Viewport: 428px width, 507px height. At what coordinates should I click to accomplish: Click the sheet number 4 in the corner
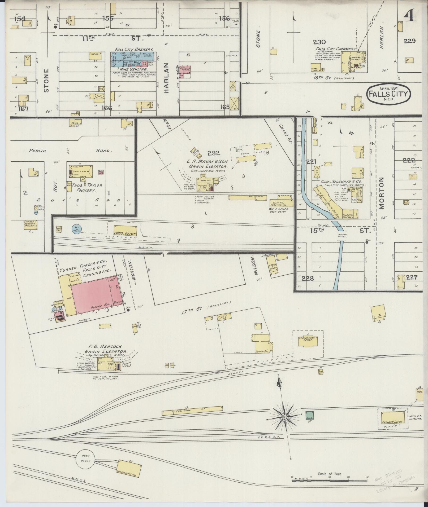pos(410,17)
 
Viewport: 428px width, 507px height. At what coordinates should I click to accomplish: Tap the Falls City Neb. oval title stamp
pos(389,94)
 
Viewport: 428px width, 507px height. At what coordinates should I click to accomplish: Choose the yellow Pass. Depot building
pos(125,231)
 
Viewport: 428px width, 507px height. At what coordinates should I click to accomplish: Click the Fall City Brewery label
pos(134,50)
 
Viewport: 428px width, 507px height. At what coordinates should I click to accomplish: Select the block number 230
pos(319,42)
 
